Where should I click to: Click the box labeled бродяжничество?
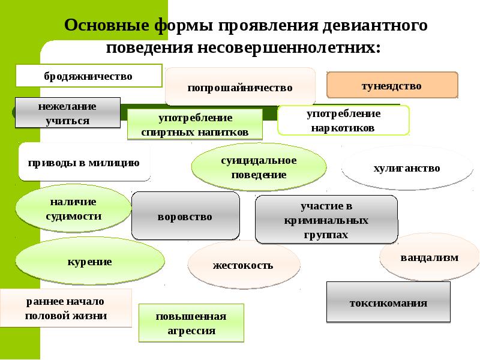click(89, 76)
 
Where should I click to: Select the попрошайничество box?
click(241, 86)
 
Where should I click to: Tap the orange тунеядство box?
click(392, 85)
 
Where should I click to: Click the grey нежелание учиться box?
click(68, 113)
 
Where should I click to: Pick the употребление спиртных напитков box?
click(195, 125)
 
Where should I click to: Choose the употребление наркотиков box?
click(343, 121)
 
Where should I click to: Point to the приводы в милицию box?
click(84, 162)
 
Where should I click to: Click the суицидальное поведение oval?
click(259, 167)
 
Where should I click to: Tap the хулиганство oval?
click(407, 168)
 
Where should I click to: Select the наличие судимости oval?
click(73, 208)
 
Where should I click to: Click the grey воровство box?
click(185, 216)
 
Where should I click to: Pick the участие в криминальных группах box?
click(326, 220)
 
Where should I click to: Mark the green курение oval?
click(90, 261)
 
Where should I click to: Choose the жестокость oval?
click(244, 265)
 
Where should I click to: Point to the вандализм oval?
click(430, 257)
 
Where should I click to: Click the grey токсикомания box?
click(388, 302)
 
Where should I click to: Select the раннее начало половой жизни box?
click(66, 308)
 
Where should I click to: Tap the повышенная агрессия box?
click(191, 323)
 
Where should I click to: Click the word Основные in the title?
click(107, 25)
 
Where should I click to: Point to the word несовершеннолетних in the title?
click(289, 47)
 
